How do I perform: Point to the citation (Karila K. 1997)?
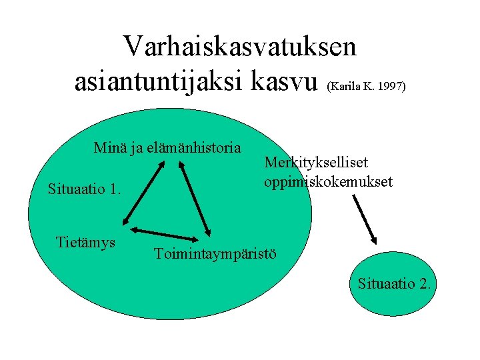click(x=367, y=87)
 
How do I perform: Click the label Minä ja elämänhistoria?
click(x=167, y=147)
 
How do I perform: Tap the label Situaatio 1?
click(x=85, y=189)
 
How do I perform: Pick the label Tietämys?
click(x=86, y=241)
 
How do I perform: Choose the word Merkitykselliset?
click(x=316, y=162)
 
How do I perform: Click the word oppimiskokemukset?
click(x=328, y=181)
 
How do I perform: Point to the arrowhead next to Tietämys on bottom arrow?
click(x=133, y=230)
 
